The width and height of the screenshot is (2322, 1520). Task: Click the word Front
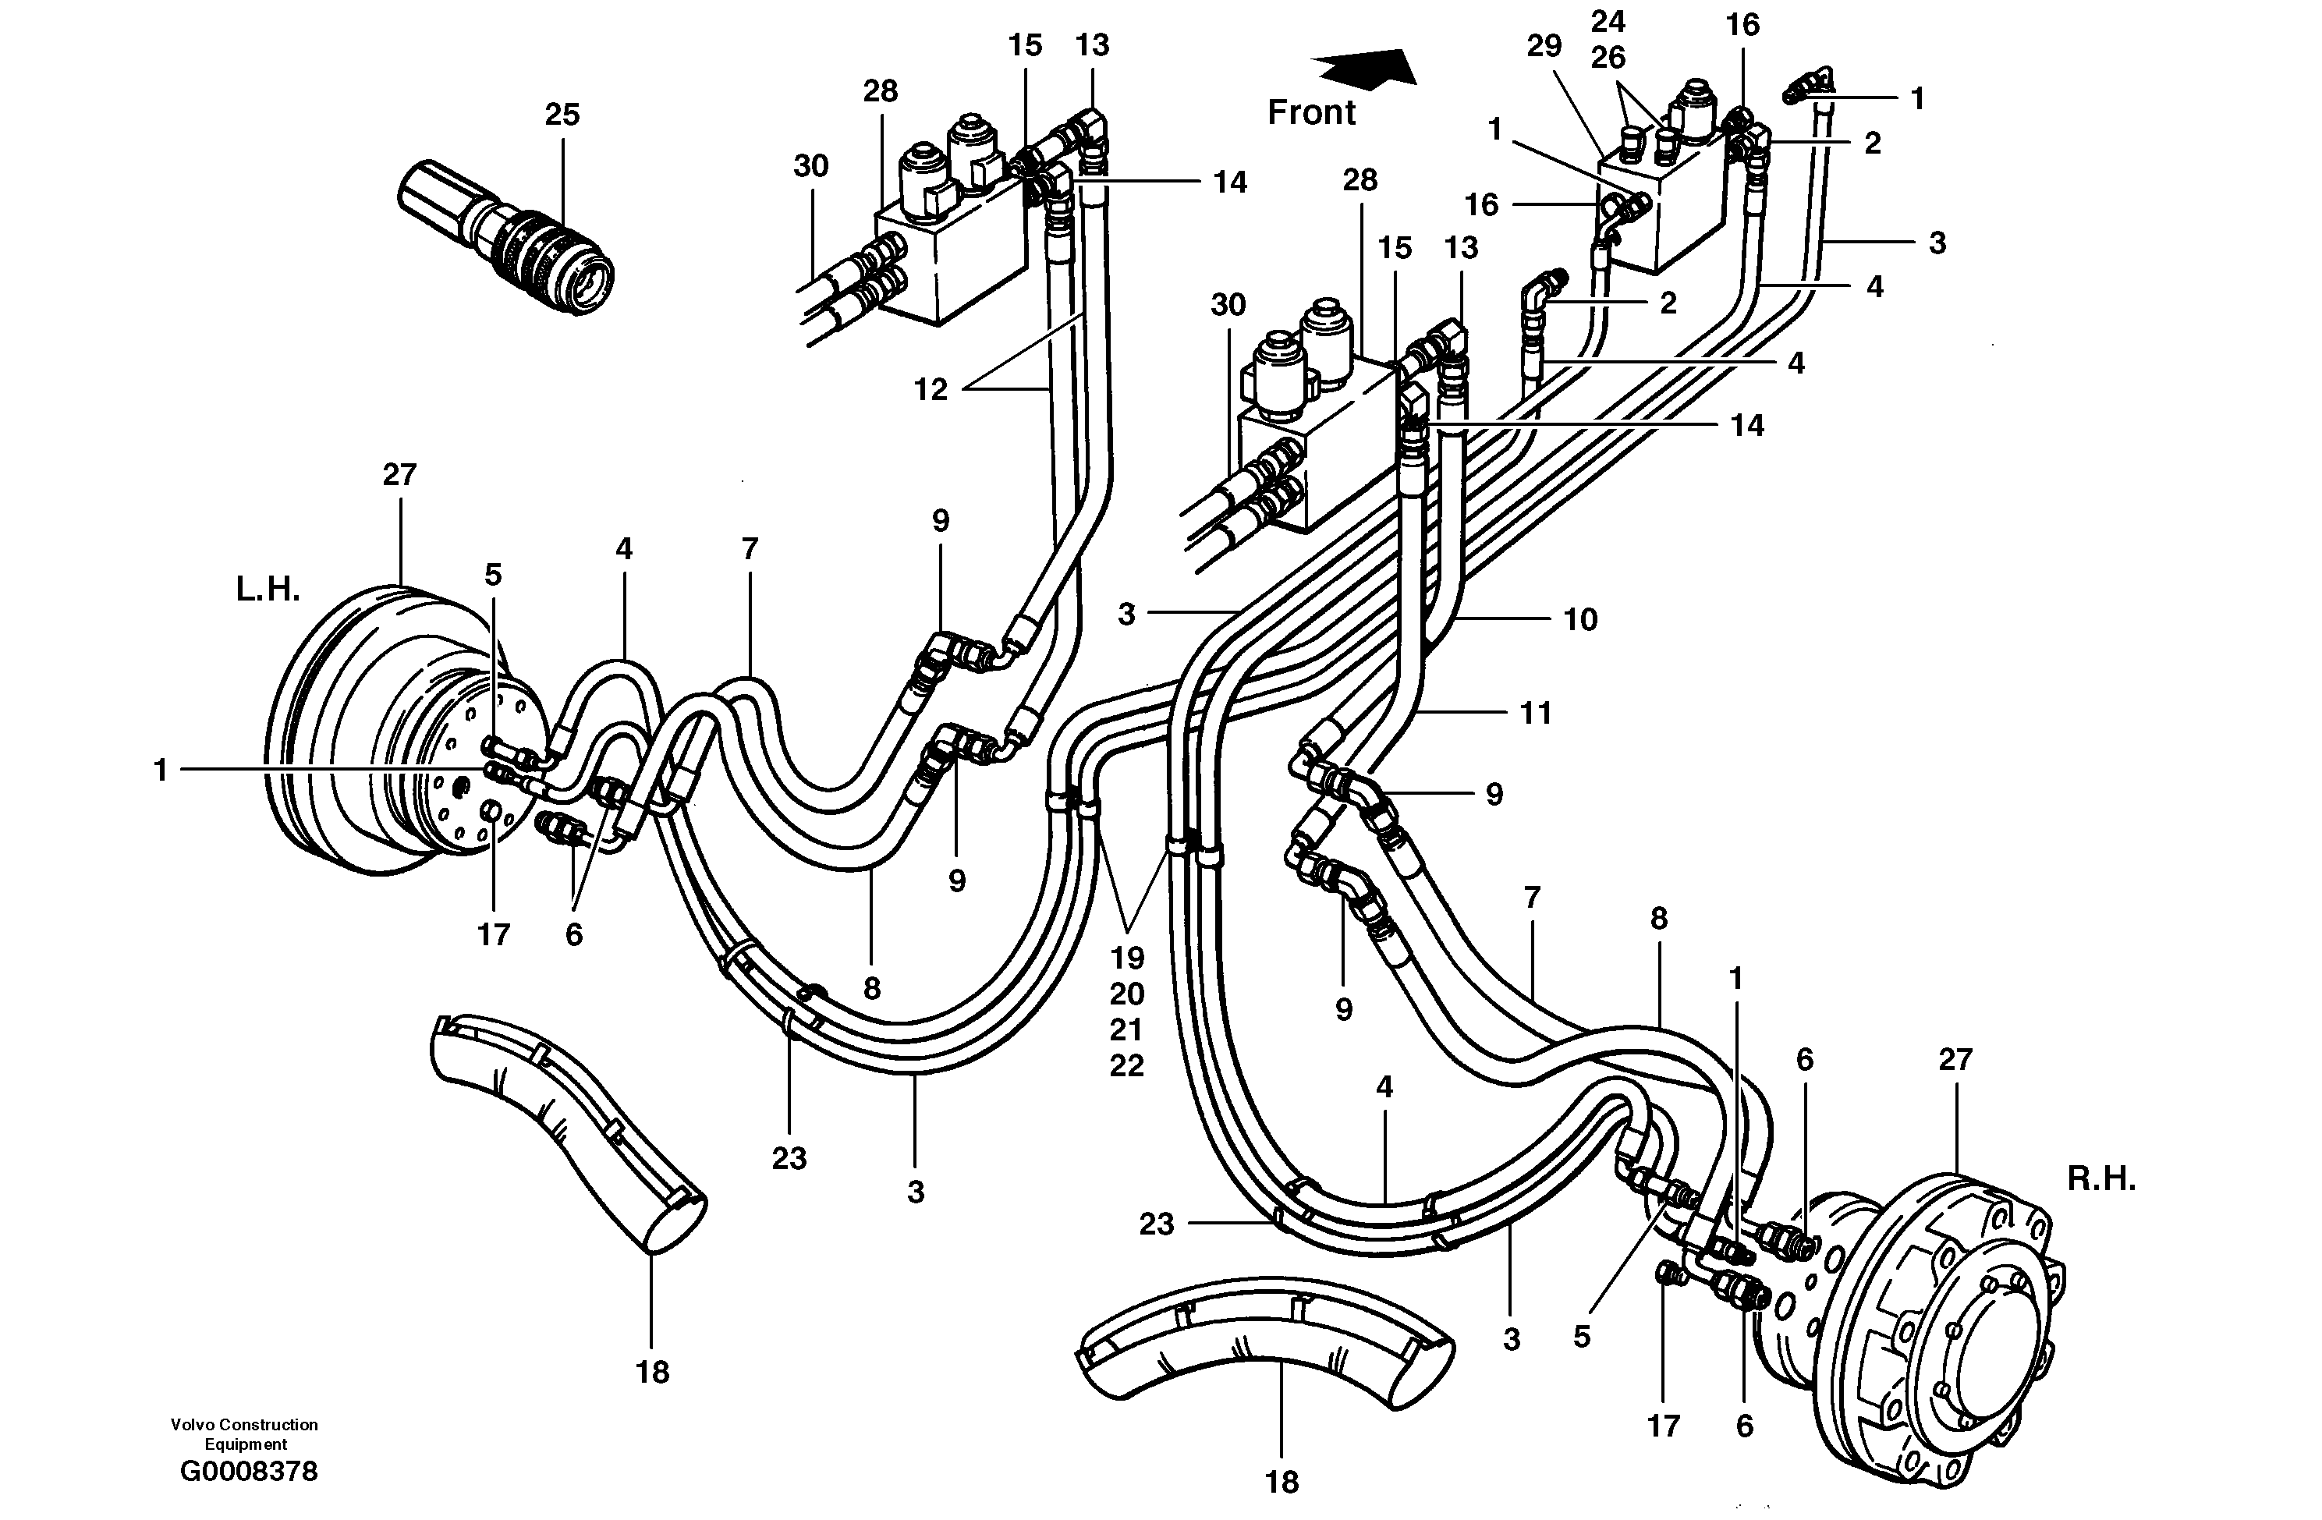click(x=1310, y=113)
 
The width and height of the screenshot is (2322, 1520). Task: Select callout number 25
click(x=562, y=115)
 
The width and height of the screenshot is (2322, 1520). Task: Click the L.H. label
click(x=268, y=590)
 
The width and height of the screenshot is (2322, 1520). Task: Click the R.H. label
click(x=2100, y=1178)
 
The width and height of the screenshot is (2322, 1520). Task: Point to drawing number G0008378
click(x=249, y=1471)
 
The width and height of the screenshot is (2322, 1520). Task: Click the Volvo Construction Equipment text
click(x=244, y=1433)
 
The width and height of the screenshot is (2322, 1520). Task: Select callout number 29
click(x=1544, y=46)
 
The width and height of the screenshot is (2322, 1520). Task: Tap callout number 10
click(x=1579, y=619)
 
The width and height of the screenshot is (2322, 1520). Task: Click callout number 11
click(x=1536, y=713)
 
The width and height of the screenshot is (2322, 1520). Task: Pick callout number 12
click(x=930, y=390)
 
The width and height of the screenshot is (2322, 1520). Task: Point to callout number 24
click(x=1608, y=22)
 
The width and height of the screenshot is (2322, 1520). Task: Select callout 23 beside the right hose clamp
click(x=1156, y=1224)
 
